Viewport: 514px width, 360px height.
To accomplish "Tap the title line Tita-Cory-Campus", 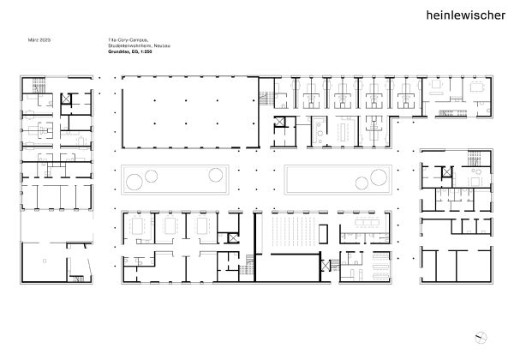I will (x=115, y=41).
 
